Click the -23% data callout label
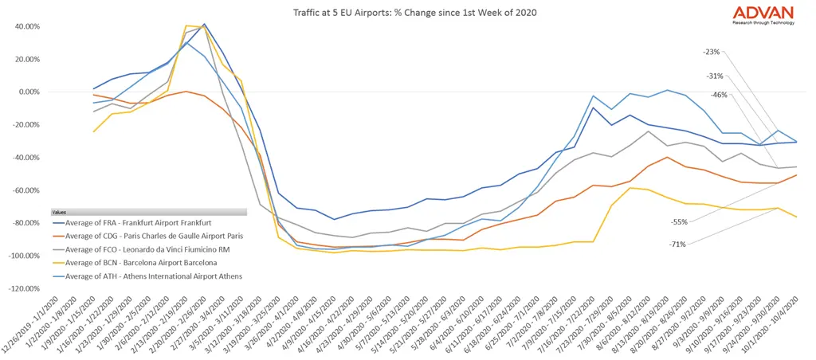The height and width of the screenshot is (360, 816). tap(712, 52)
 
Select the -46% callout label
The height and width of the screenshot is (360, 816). tap(720, 95)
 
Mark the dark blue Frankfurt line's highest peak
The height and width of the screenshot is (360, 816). tap(204, 25)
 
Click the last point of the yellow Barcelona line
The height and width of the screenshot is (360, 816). tap(797, 217)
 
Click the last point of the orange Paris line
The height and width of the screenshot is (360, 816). tap(797, 174)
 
